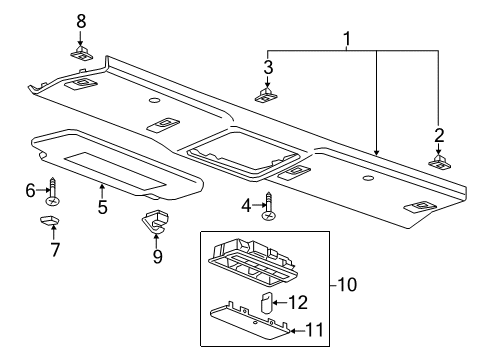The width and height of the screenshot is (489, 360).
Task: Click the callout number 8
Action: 81,22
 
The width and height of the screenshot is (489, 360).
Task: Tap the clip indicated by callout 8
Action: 81,53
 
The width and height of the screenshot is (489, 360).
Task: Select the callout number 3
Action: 268,67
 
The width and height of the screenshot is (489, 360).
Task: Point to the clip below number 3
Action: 266,95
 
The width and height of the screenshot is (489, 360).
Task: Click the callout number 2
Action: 439,136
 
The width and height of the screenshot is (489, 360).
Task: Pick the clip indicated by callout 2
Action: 440,161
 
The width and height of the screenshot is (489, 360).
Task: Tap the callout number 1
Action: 347,39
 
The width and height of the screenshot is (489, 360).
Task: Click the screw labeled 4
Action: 268,207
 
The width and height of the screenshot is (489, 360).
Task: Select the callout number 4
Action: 246,206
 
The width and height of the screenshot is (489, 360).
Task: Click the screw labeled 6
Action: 52,192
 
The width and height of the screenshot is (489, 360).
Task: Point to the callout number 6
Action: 30,190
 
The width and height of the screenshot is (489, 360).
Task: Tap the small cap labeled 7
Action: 49,220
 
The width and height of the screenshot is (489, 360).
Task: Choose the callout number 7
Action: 55,250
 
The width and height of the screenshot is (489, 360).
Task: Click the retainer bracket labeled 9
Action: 155,222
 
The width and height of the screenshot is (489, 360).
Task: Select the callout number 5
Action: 103,207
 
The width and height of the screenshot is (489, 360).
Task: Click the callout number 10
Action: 347,285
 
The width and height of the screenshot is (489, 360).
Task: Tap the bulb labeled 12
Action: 266,303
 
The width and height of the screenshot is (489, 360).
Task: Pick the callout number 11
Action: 314,330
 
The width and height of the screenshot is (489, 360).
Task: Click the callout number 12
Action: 298,302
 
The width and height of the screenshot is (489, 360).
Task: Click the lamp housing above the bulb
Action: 251,263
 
